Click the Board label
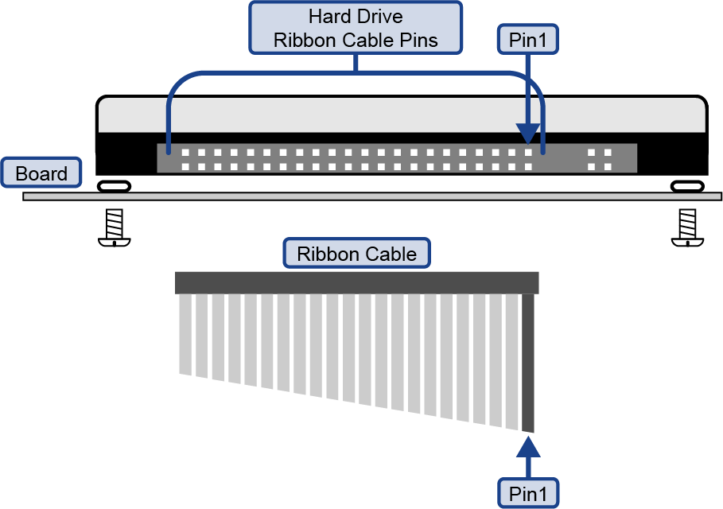coord(41,173)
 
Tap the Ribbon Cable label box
coord(356,254)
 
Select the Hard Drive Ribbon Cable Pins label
coord(356,29)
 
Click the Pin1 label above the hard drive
coord(528,40)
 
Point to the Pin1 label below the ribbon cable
coord(528,492)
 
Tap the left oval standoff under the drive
coord(114,186)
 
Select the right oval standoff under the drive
coord(686,186)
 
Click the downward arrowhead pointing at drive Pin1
coord(527,134)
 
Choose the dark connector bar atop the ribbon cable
coord(356,282)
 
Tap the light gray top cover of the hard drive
coord(401,114)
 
